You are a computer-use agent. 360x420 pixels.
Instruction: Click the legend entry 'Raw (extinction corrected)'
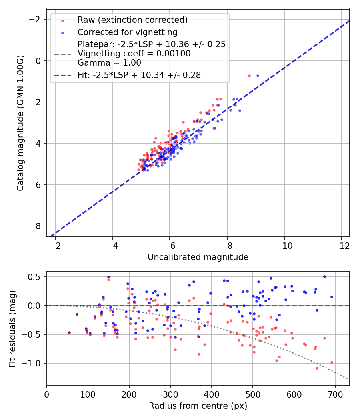click(x=132, y=20)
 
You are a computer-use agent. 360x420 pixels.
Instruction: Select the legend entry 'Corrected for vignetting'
click(x=128, y=32)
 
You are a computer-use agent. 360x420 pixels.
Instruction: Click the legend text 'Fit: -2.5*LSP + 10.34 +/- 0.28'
click(x=139, y=75)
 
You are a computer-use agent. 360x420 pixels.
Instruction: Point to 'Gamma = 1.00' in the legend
click(x=109, y=62)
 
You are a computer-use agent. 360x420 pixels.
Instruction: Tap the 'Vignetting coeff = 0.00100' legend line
click(x=134, y=54)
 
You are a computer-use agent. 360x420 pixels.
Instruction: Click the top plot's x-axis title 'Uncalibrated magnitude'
click(x=198, y=257)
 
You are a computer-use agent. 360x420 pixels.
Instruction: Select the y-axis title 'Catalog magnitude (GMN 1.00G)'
click(x=21, y=123)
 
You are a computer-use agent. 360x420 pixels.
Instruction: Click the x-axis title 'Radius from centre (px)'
click(x=198, y=406)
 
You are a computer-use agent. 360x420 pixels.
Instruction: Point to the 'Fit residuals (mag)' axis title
click(x=12, y=328)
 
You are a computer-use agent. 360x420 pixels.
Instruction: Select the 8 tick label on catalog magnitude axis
click(x=39, y=226)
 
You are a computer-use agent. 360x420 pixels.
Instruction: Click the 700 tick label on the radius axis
click(x=335, y=394)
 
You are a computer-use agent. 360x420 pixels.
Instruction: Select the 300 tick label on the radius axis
click(x=170, y=394)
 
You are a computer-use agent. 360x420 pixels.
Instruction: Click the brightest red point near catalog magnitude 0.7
click(x=249, y=76)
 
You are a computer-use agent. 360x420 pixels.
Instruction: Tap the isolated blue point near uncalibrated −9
click(x=258, y=76)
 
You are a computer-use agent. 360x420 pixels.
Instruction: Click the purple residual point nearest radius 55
click(x=69, y=332)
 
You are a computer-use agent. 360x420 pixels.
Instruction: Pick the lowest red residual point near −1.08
click(x=317, y=368)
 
